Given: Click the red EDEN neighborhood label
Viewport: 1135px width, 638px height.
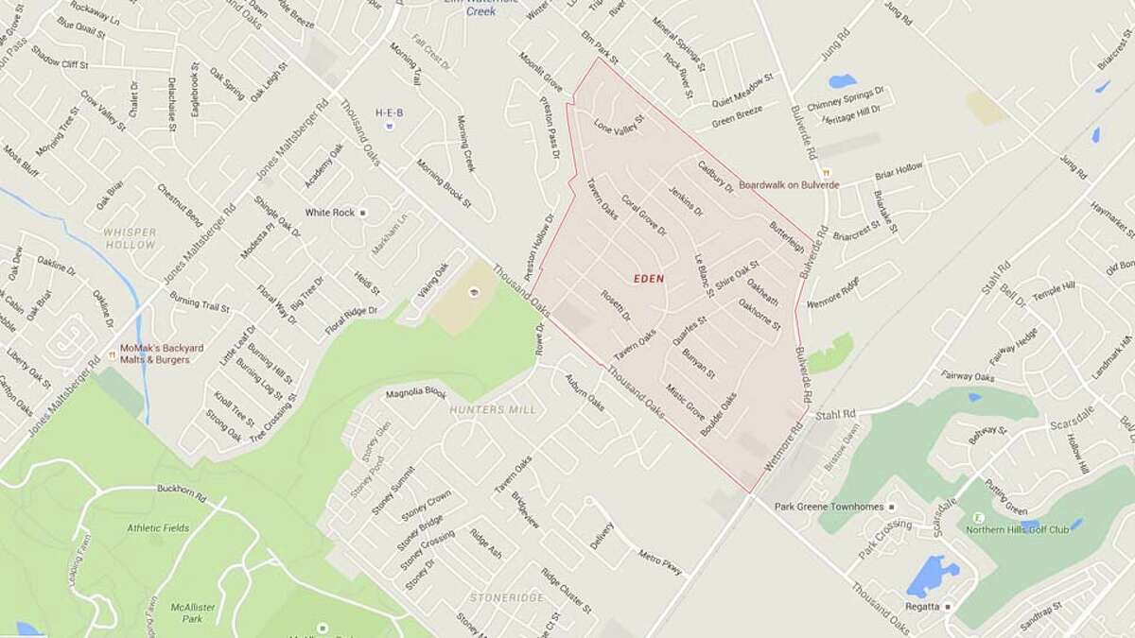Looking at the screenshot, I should [x=650, y=279].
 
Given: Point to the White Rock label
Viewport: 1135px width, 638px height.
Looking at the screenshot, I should [x=330, y=213].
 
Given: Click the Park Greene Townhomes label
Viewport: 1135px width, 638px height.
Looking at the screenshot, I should [x=829, y=507].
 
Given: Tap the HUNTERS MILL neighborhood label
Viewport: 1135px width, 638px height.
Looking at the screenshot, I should [x=493, y=409].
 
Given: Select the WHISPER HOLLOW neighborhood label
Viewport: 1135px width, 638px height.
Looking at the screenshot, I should [x=131, y=238].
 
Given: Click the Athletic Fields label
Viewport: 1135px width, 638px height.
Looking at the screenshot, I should [x=159, y=527].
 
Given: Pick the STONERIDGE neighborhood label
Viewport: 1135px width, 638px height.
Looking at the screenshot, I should [x=507, y=597].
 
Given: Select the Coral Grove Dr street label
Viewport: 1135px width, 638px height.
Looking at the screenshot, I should [x=644, y=216].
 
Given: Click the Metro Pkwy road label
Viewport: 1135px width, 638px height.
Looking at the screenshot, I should [x=659, y=562].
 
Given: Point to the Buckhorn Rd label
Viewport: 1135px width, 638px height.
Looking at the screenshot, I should [x=183, y=490].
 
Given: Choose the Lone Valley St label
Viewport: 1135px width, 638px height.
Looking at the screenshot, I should [x=619, y=124].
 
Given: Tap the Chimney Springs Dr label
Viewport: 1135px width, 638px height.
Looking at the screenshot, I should [x=845, y=97].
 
